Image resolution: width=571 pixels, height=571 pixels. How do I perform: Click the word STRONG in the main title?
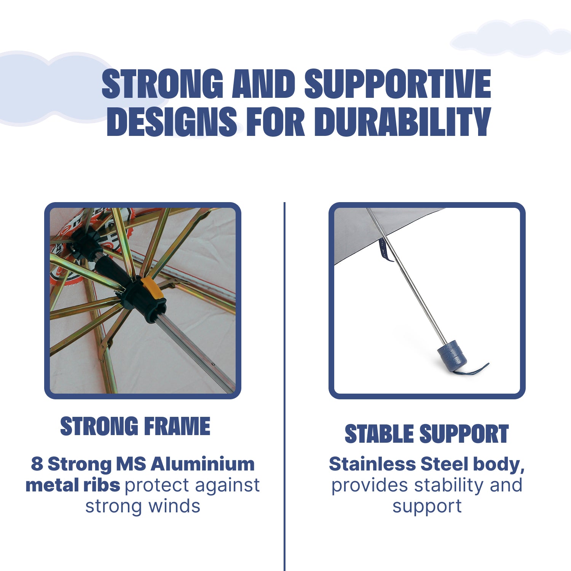point(163,84)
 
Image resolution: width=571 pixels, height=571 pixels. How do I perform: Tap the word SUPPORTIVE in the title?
point(398,84)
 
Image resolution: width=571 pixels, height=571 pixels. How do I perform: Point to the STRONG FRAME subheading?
point(135,426)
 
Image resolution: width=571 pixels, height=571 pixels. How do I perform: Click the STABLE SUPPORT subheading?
point(427,434)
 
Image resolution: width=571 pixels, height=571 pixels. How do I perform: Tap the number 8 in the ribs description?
point(37,464)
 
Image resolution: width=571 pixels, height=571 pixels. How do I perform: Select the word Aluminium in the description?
point(203,464)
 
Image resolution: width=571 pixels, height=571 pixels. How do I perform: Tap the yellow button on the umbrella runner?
point(152,288)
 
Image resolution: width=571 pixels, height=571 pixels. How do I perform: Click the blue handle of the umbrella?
point(452,355)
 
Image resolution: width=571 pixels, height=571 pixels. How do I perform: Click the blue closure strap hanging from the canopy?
point(386,250)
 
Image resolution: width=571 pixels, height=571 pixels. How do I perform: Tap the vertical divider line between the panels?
point(284,386)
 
